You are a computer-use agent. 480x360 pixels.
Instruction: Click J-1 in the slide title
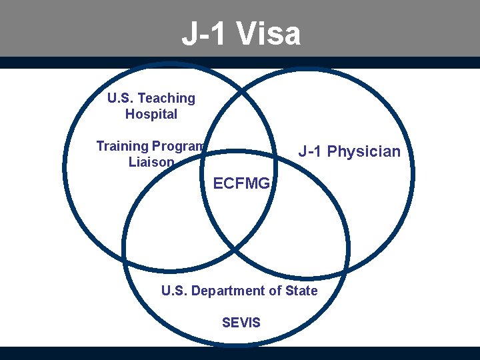(205, 35)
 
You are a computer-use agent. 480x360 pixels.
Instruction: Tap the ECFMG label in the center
(241, 183)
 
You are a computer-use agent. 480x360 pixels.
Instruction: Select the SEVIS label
(241, 323)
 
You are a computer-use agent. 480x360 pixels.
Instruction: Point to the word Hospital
(151, 114)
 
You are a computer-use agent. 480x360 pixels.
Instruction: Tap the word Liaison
(151, 162)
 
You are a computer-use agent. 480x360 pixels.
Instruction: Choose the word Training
(122, 146)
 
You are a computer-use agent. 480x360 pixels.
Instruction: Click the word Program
(178, 146)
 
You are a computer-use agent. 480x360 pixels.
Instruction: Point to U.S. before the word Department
(175, 291)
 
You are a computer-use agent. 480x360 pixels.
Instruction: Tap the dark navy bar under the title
(240, 63)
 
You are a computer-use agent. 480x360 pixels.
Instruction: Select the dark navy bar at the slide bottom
(240, 353)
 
